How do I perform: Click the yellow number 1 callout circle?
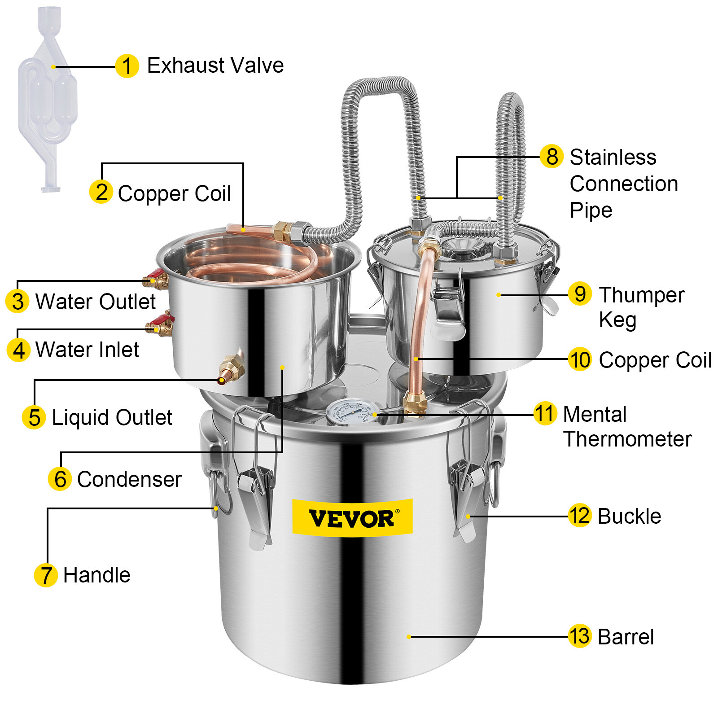click(127, 66)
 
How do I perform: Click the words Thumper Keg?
click(641, 307)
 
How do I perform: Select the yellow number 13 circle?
click(579, 636)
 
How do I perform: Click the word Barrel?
click(626, 637)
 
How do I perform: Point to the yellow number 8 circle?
click(552, 157)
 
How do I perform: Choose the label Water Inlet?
click(87, 350)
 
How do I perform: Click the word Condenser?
click(129, 479)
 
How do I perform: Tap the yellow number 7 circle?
click(46, 575)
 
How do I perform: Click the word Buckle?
click(629, 516)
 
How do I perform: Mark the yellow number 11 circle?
click(545, 413)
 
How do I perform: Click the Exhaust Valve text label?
click(215, 66)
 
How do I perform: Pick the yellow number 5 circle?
click(34, 417)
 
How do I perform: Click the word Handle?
click(96, 575)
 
